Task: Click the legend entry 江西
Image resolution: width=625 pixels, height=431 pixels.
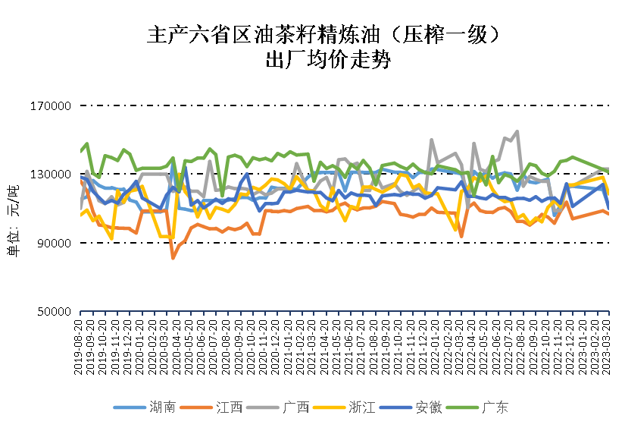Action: (x=229, y=407)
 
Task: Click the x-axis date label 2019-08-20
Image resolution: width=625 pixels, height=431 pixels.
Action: (x=80, y=345)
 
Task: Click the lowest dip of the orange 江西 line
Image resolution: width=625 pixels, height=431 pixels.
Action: (x=173, y=259)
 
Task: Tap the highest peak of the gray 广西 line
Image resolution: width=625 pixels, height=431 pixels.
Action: (x=517, y=131)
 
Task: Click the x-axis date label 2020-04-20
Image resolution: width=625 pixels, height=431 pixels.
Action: (x=173, y=345)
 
